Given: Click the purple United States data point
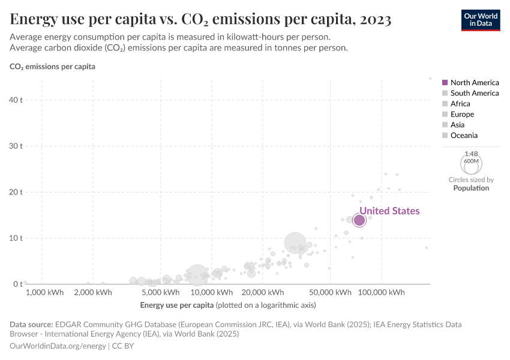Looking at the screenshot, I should pyautogui.click(x=359, y=220).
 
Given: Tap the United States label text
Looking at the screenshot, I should pyautogui.click(x=389, y=211).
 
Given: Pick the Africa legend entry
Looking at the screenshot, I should pyautogui.click(x=460, y=104).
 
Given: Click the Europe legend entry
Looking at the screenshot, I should pyautogui.click(x=462, y=114).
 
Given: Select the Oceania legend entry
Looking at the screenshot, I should pyautogui.click(x=464, y=136).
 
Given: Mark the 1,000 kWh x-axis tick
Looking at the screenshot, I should pyautogui.click(x=44, y=293).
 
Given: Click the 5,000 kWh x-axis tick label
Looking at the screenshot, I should pyautogui.click(x=162, y=293).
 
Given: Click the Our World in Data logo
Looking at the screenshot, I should pyautogui.click(x=480, y=19).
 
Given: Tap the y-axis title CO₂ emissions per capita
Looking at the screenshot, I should pyautogui.click(x=52, y=67).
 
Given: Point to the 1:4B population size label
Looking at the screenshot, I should pyautogui.click(x=471, y=154).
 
